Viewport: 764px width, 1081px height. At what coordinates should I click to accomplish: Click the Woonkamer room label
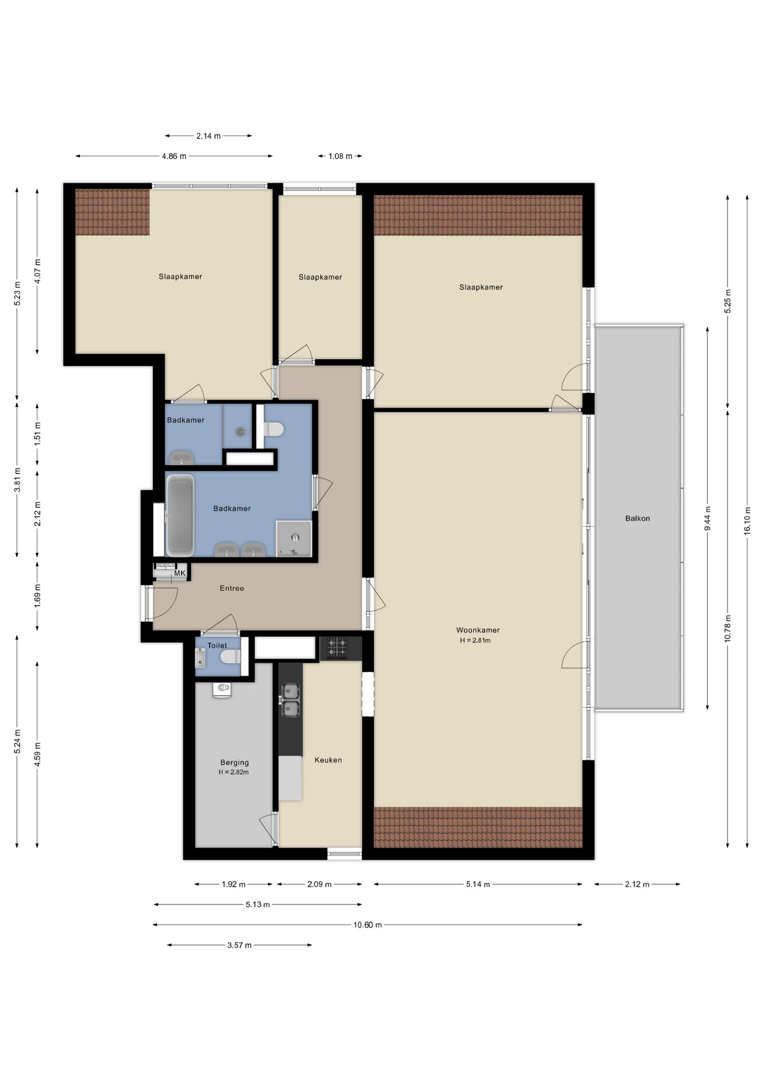pyautogui.click(x=478, y=630)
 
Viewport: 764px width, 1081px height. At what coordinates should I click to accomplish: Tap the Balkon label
pyautogui.click(x=637, y=519)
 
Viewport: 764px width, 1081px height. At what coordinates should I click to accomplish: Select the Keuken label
pyautogui.click(x=328, y=760)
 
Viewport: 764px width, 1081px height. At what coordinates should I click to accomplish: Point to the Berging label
pyautogui.click(x=235, y=763)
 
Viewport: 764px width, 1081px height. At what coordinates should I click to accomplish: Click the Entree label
pyautogui.click(x=232, y=588)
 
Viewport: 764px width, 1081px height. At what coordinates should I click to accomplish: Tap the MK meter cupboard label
pyautogui.click(x=179, y=573)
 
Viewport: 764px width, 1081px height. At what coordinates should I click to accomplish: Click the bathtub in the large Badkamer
pyautogui.click(x=180, y=516)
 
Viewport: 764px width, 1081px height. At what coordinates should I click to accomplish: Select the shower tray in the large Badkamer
pyautogui.click(x=294, y=538)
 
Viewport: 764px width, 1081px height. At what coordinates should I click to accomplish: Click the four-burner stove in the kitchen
pyautogui.click(x=337, y=647)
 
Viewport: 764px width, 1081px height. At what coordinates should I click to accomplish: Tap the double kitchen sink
pyautogui.click(x=290, y=700)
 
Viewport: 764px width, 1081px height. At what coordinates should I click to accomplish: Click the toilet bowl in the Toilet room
pyautogui.click(x=230, y=656)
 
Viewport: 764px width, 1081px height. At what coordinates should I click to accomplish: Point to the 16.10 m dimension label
pyautogui.click(x=748, y=520)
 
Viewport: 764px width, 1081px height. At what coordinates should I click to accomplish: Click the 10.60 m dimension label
pyautogui.click(x=367, y=925)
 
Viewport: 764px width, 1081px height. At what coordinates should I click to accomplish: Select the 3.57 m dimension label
pyautogui.click(x=239, y=945)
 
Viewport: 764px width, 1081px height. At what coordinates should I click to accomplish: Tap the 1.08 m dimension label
pyautogui.click(x=340, y=156)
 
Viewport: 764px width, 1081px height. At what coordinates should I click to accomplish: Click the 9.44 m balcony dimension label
pyautogui.click(x=708, y=518)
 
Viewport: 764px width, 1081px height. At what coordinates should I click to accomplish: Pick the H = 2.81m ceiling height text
pyautogui.click(x=475, y=640)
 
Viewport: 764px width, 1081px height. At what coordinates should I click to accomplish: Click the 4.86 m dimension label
pyautogui.click(x=174, y=156)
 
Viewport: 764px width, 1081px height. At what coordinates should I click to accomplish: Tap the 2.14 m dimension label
pyautogui.click(x=208, y=136)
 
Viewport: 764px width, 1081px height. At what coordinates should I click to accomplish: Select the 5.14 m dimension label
pyautogui.click(x=478, y=885)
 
